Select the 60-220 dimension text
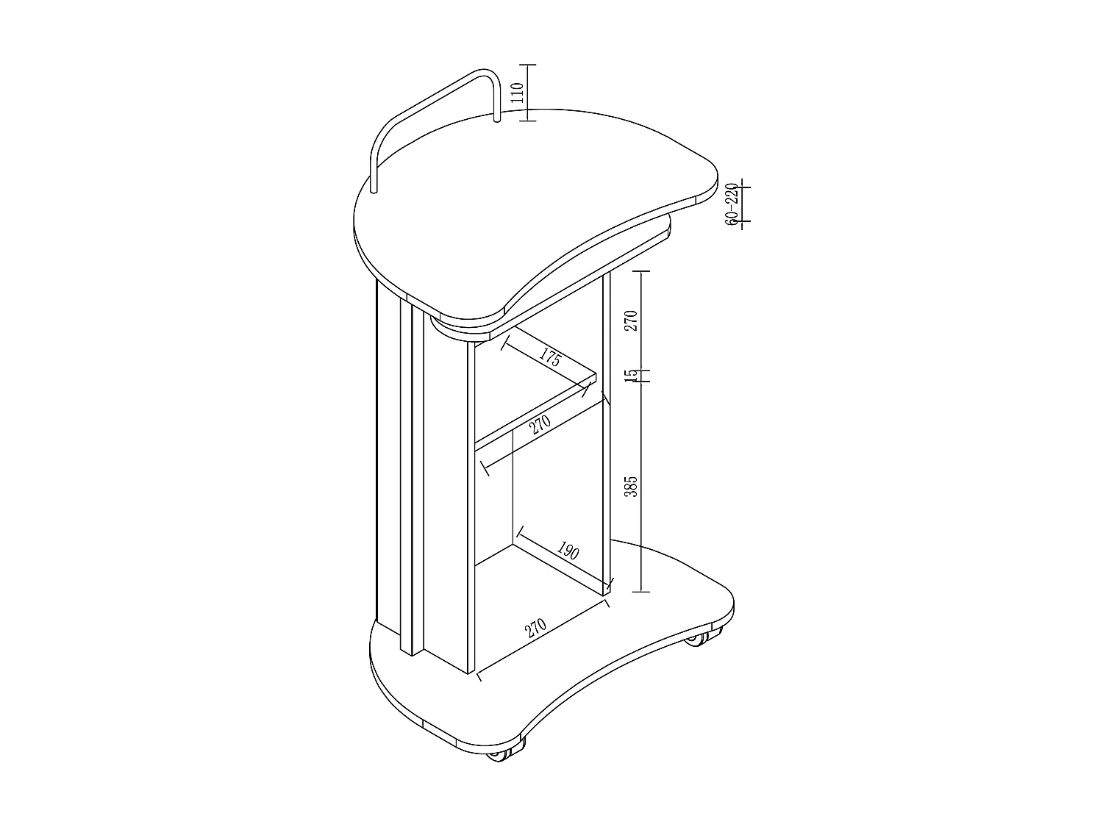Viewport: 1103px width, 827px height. [x=731, y=204]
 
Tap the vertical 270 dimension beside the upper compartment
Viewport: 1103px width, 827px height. [x=630, y=321]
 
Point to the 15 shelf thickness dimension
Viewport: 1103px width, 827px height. [x=630, y=376]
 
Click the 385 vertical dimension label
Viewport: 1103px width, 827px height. [x=630, y=486]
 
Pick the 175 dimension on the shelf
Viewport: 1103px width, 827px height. [x=550, y=359]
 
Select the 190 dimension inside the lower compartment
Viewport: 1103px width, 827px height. [x=567, y=551]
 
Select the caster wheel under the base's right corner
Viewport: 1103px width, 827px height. [x=695, y=639]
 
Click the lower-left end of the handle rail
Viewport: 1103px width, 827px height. [x=374, y=190]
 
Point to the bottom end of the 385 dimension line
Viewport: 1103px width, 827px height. [x=642, y=590]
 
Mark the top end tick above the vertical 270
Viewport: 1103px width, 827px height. [x=642, y=271]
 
